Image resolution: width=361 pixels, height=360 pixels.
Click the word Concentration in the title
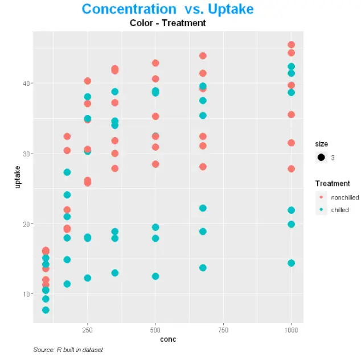129,10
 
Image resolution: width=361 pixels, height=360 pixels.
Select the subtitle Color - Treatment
167,23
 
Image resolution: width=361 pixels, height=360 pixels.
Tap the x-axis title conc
167,340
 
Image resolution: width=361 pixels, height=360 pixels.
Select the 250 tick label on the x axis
87,329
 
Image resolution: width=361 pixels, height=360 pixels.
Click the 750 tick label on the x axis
223,329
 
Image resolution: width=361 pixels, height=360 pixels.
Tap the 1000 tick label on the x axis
291,329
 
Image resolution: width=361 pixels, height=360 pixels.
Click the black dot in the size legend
322,158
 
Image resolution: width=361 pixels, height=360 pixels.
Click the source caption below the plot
68,350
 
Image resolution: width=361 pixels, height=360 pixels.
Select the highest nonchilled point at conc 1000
292,45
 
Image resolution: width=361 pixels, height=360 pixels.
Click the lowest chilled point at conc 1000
292,263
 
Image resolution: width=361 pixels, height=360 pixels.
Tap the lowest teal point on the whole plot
46,310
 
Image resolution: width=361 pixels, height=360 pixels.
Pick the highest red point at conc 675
203,56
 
